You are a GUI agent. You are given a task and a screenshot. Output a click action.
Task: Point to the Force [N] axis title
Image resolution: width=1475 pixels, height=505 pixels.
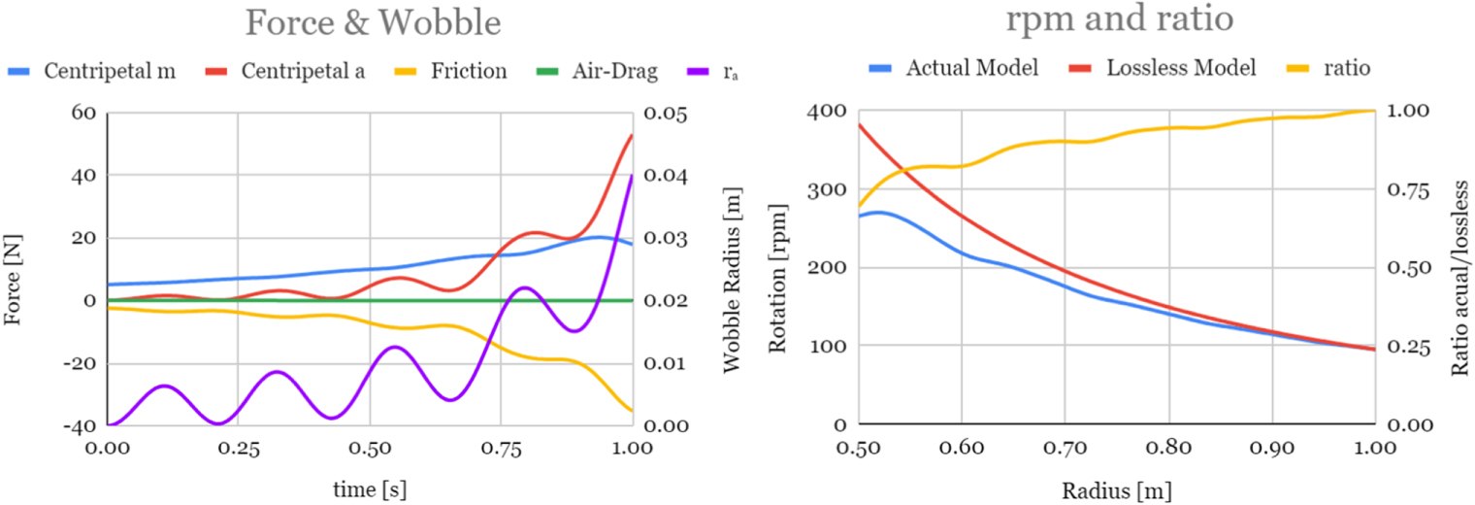pos(14,269)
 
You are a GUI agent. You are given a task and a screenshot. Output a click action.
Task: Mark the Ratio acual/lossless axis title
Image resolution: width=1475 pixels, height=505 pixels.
pos(1459,269)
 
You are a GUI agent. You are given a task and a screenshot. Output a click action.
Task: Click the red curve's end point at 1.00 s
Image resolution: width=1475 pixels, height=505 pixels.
pos(632,135)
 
